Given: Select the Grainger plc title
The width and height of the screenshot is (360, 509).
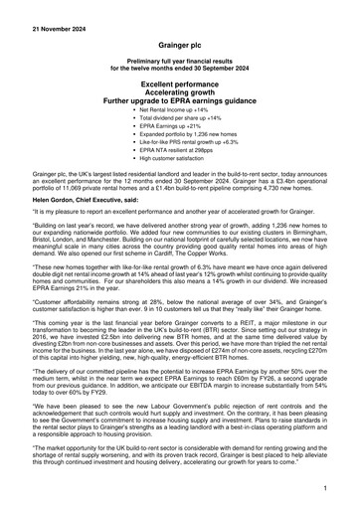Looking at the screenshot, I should (x=180, y=46).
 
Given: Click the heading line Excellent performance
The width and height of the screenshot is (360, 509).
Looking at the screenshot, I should (x=180, y=86).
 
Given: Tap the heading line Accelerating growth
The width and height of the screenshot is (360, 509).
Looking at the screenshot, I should (x=180, y=95).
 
